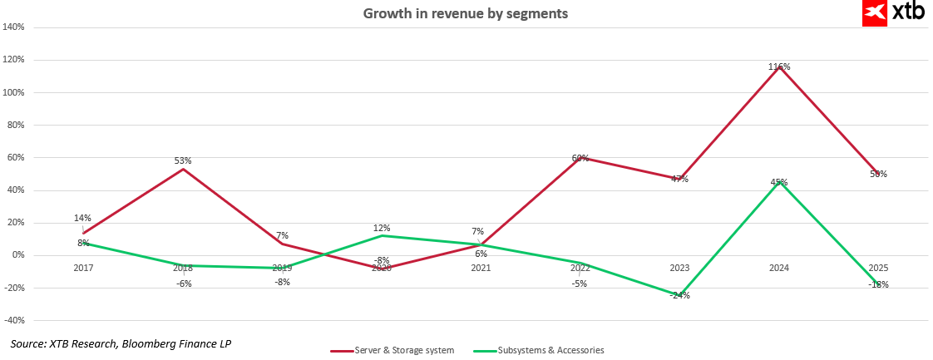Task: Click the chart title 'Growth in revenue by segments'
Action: [x=466, y=13]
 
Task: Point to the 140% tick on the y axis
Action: [x=14, y=27]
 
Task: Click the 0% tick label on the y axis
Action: [x=17, y=255]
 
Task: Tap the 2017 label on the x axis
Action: [x=83, y=268]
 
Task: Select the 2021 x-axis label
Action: [x=481, y=268]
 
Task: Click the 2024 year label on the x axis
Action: [x=779, y=268]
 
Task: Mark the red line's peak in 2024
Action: [x=779, y=67]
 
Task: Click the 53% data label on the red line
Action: [x=183, y=160]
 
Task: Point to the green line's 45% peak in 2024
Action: [x=779, y=182]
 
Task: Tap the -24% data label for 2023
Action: [x=680, y=295]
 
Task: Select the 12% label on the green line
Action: [x=382, y=228]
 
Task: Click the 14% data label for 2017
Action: [x=82, y=219]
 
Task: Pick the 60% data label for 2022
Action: [x=580, y=158]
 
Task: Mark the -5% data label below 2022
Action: [x=580, y=284]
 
